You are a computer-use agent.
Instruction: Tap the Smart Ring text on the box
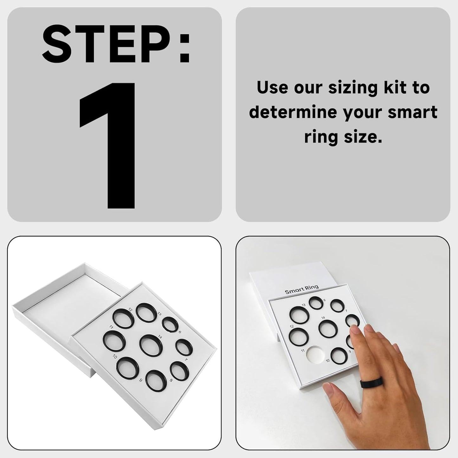pyautogui.click(x=302, y=289)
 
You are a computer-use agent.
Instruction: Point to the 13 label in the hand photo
pyautogui.click(x=303, y=305)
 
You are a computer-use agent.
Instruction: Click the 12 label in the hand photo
pyautogui.click(x=292, y=326)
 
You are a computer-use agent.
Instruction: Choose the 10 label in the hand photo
pyautogui.click(x=327, y=360)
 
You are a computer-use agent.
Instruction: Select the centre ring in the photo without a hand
pyautogui.click(x=151, y=345)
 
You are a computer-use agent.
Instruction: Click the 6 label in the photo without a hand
pyautogui.click(x=179, y=332)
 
